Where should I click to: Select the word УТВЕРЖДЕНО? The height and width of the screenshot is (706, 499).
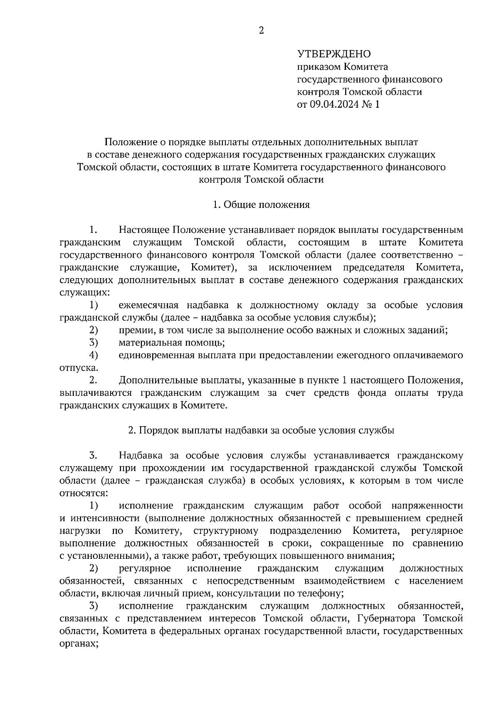coord(333,54)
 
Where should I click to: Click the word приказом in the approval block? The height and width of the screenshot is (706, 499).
coord(317,67)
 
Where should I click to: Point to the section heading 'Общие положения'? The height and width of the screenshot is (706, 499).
coord(267,205)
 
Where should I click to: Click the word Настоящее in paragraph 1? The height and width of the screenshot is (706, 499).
coord(144,230)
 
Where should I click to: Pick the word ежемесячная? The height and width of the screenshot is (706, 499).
coord(148,305)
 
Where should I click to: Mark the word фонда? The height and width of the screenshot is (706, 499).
coord(371,393)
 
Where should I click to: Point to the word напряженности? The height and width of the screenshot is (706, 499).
coord(427,506)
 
